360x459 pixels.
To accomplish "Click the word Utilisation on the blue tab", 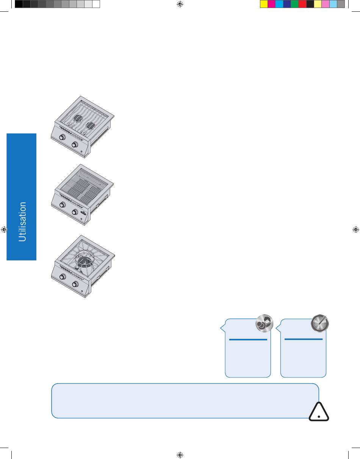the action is (x=22, y=222).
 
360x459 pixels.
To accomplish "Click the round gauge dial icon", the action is (x=320, y=323).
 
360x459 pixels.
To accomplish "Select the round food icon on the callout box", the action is (x=265, y=323).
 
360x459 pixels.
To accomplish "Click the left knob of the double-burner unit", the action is (x=62, y=138).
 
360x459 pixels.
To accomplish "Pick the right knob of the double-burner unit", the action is (x=75, y=145).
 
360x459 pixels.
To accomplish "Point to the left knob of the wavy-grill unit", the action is (x=62, y=205).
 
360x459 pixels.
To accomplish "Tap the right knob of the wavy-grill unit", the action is (x=75, y=212).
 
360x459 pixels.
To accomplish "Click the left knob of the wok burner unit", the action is (x=63, y=277).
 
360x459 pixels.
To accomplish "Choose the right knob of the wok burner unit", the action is (x=75, y=284).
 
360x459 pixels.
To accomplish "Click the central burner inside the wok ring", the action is (x=85, y=262).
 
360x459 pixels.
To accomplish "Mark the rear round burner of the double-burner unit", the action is (x=78, y=118).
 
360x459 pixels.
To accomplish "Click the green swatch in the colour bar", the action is (x=294, y=4).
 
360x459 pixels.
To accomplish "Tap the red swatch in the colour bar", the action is (x=302, y=4).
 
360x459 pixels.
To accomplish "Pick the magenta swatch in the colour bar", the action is (x=272, y=4).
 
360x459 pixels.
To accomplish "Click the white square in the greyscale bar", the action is (x=96, y=4).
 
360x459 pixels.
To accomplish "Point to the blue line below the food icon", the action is (x=248, y=340).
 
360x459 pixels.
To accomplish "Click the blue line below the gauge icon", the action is (x=304, y=339).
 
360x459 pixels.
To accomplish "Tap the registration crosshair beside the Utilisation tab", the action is (x=4, y=229).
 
